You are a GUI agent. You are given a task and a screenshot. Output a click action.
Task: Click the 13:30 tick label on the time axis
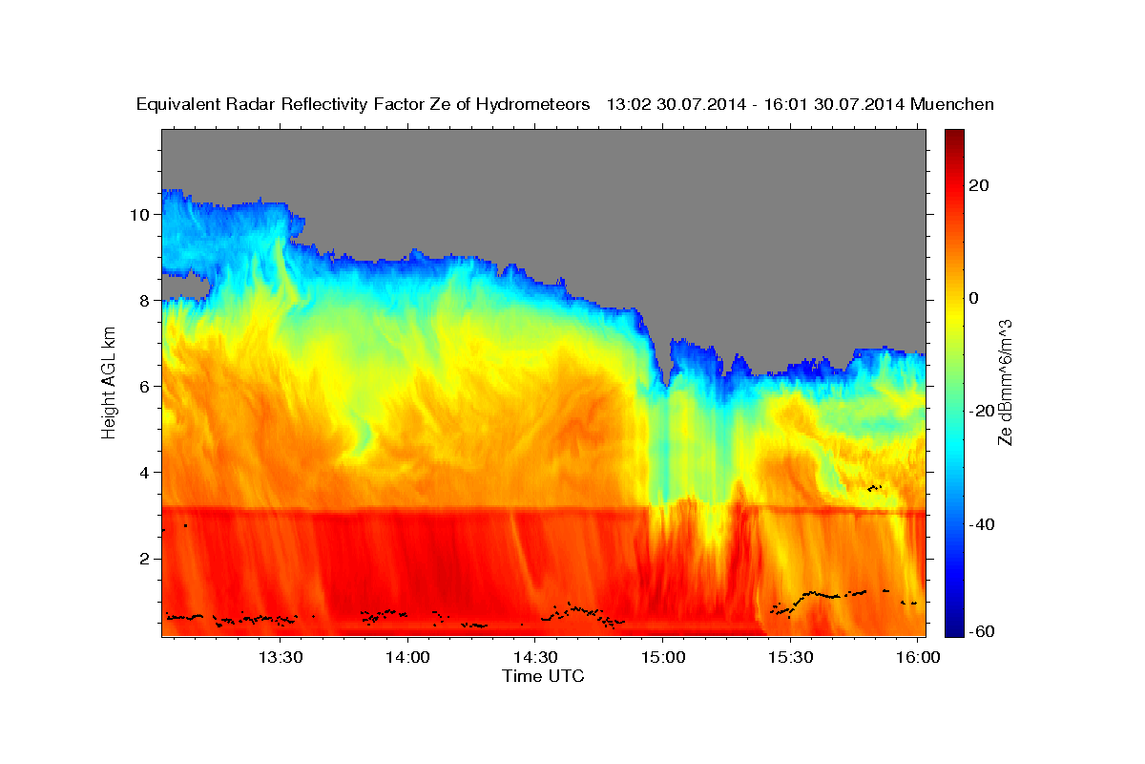coord(281,658)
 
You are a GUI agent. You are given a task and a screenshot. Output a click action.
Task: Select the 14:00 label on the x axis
coord(408,658)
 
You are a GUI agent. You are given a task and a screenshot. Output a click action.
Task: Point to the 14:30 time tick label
coord(535,658)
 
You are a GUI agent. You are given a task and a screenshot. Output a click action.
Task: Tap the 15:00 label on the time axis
coord(663,658)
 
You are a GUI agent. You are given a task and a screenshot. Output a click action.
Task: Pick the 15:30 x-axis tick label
coord(791,658)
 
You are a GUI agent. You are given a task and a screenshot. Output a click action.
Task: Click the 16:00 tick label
coord(918,658)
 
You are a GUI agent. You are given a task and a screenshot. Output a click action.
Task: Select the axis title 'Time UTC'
coord(543,677)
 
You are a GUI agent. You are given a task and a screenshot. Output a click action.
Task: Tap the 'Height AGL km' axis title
coord(110,382)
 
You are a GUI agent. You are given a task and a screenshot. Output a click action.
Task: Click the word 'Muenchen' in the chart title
coord(952,104)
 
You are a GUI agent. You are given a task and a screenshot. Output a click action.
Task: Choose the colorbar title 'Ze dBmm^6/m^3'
coord(1005,382)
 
